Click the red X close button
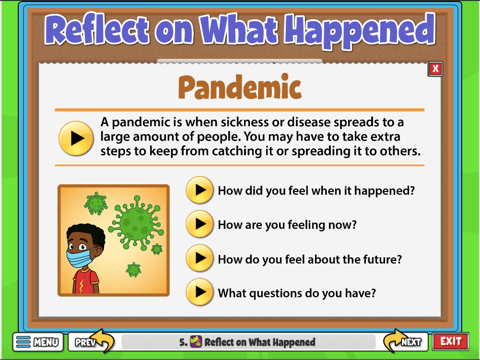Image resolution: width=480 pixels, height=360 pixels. [x=435, y=69]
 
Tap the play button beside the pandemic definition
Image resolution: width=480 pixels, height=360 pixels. [x=76, y=138]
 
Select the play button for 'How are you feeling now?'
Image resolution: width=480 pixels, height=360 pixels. [x=199, y=224]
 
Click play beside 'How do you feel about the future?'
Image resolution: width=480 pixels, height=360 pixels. [x=199, y=258]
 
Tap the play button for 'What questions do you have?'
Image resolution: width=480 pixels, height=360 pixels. [x=199, y=292]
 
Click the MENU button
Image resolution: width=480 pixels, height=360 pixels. [x=38, y=342]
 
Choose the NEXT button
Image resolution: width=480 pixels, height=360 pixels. [x=406, y=341]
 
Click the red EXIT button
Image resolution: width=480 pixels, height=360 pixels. [x=451, y=341]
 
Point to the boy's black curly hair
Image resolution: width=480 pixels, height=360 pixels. [x=87, y=233]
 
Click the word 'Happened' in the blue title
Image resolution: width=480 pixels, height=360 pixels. [x=360, y=31]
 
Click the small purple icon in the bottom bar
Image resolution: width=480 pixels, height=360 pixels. [x=196, y=341]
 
